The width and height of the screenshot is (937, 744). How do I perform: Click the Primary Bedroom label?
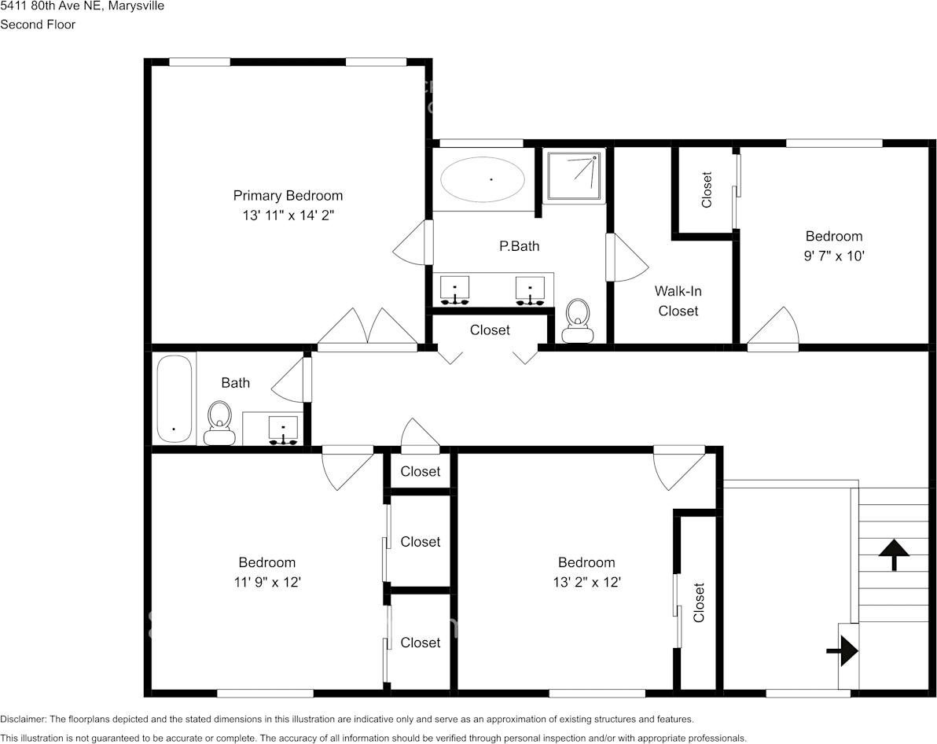click(288, 195)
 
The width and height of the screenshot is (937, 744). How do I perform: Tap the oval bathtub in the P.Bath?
click(483, 180)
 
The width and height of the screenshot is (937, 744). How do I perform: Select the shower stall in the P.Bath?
click(574, 175)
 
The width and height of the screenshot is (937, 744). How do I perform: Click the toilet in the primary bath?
click(579, 321)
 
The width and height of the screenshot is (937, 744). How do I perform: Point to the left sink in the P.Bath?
click(454, 289)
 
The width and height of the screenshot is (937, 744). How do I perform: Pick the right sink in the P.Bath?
click(531, 289)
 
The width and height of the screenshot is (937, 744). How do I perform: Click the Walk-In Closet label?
click(678, 300)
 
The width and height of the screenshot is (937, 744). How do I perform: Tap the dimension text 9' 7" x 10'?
click(834, 256)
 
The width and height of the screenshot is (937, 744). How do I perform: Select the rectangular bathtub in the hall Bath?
click(174, 400)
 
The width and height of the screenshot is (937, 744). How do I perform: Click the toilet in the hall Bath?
click(220, 422)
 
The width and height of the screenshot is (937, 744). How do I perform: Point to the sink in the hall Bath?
click(282, 430)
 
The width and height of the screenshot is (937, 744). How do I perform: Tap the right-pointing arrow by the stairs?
click(843, 650)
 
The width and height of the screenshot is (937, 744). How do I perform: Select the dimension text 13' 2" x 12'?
click(586, 582)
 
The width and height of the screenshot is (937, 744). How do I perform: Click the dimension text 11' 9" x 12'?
click(267, 582)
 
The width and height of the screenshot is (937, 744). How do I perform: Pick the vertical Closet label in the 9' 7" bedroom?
click(706, 190)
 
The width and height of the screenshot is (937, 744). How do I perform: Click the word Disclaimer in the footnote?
click(23, 719)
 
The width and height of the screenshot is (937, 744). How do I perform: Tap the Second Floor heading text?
click(38, 24)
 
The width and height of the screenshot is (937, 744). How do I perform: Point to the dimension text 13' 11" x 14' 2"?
click(288, 215)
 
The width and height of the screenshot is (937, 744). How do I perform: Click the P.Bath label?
click(520, 246)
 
